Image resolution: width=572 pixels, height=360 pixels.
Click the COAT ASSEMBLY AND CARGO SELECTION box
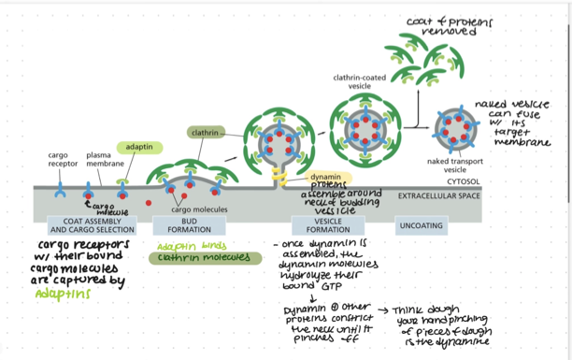click(x=91, y=225)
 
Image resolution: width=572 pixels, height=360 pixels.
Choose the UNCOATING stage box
click(x=421, y=225)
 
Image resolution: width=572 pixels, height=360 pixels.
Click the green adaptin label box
click(x=140, y=147)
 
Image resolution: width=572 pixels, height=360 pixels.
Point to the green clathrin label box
click(x=205, y=133)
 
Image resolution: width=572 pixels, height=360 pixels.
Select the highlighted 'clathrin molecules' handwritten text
click(x=194, y=258)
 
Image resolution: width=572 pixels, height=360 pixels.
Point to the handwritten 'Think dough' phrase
click(x=421, y=309)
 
